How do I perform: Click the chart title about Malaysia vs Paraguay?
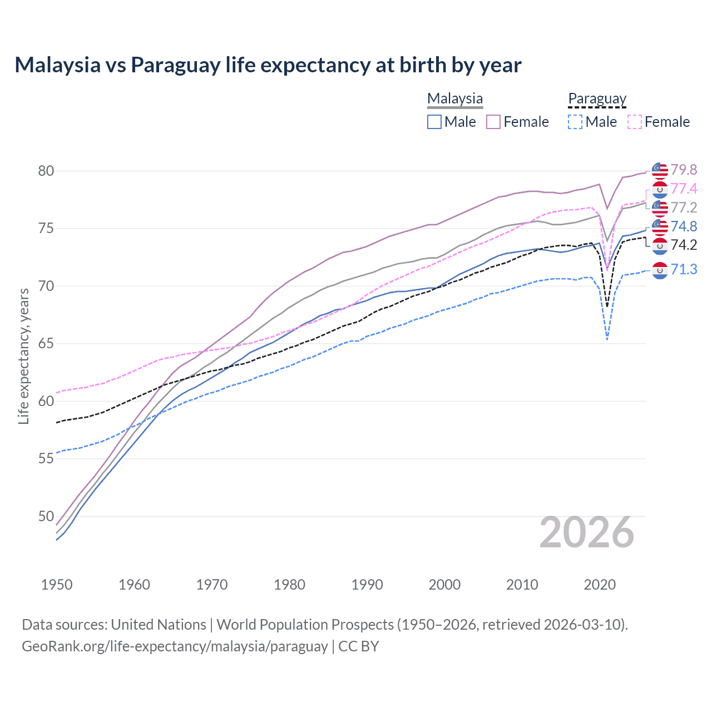point(268,65)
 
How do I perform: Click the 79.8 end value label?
point(684,170)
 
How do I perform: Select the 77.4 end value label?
point(684,189)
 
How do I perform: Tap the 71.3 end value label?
point(684,269)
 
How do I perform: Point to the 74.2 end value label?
point(684,245)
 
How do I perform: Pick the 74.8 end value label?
point(684,226)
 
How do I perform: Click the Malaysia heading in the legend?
point(455,99)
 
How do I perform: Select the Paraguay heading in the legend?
point(597,99)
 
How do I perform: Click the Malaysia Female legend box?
point(493,122)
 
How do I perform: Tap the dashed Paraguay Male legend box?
point(576,122)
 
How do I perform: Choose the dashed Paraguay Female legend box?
point(635,122)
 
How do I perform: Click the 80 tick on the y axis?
point(46,171)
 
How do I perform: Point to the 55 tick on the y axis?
point(46,458)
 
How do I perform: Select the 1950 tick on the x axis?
point(57,585)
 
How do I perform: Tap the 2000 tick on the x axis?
point(444,585)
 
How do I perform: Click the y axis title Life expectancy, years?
point(23,356)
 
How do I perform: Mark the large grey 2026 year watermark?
point(587,533)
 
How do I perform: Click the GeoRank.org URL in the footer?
point(175,646)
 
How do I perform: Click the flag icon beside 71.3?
point(660,270)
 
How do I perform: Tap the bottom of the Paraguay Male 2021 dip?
point(607,339)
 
